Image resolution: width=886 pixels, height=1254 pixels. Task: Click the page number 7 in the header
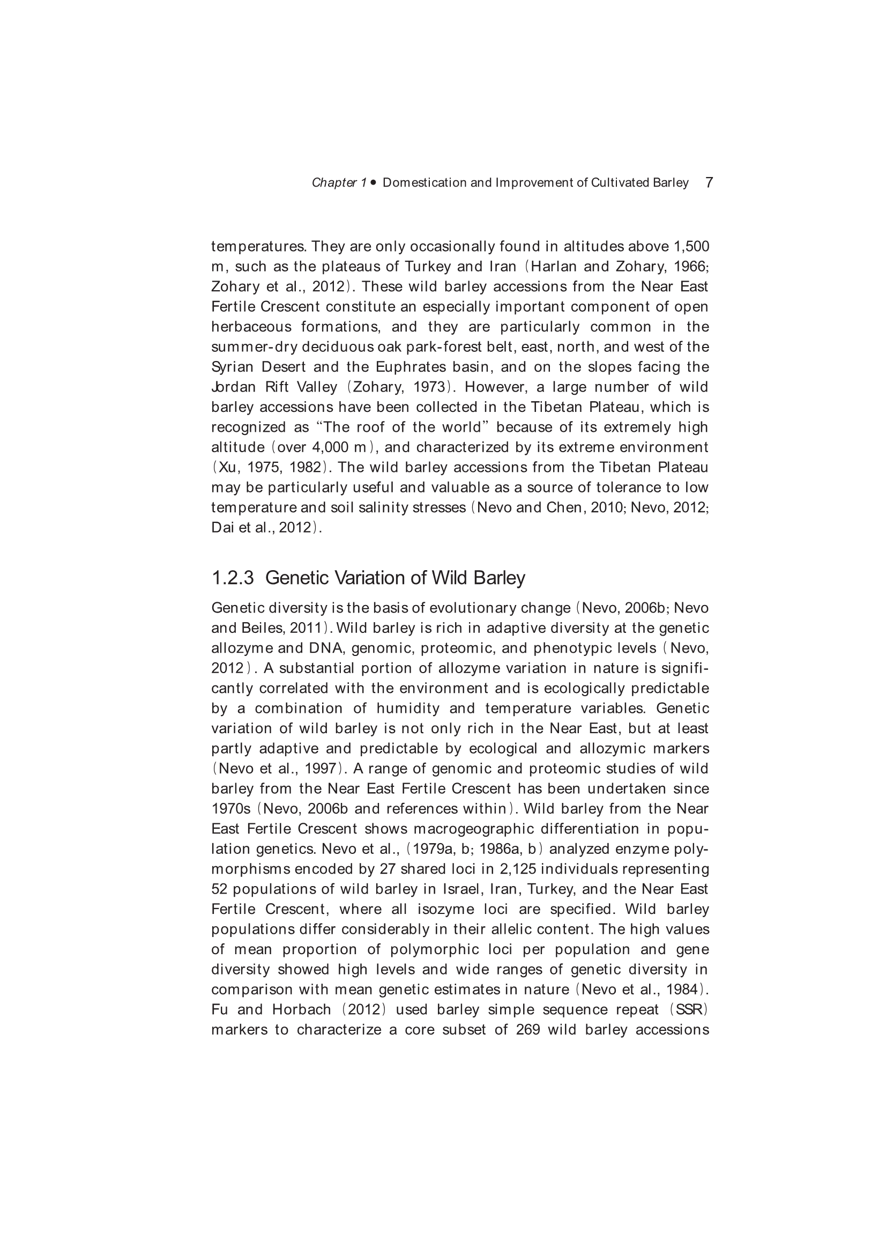709,182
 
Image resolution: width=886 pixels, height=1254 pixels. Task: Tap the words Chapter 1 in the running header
339,183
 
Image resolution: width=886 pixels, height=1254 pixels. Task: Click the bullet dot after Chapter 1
374,182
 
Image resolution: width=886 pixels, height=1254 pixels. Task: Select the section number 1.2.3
233,578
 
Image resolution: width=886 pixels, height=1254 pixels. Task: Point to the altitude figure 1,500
691,247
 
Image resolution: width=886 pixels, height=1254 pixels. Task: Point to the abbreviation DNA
326,648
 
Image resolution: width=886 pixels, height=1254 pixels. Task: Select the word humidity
408,709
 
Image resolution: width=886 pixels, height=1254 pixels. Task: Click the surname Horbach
301,1009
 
